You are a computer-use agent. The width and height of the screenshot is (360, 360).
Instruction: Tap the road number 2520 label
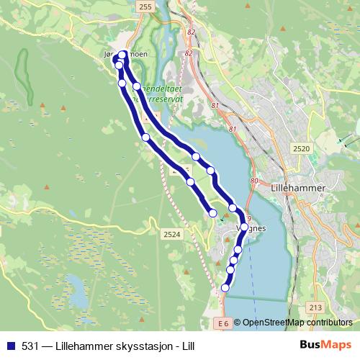click(x=301, y=148)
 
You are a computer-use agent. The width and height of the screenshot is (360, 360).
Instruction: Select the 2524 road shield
click(x=171, y=234)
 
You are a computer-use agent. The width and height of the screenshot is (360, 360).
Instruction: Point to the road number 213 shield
click(x=315, y=308)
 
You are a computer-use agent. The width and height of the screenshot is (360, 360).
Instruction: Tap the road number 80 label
click(x=253, y=181)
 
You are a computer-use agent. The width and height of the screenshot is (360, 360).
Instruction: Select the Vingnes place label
click(x=251, y=228)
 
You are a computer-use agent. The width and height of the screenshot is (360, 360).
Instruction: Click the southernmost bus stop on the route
click(x=225, y=288)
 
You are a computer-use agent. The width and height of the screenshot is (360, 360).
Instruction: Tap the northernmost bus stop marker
click(x=122, y=55)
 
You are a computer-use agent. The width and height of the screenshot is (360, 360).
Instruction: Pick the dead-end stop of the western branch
click(x=212, y=212)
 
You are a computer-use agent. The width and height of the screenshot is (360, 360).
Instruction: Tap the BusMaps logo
click(x=325, y=345)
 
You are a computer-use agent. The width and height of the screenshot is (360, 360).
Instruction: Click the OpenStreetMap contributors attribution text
click(x=297, y=323)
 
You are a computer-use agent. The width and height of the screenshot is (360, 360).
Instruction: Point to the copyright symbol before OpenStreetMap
click(x=237, y=323)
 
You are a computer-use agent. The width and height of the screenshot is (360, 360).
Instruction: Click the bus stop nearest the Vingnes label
click(x=244, y=227)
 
